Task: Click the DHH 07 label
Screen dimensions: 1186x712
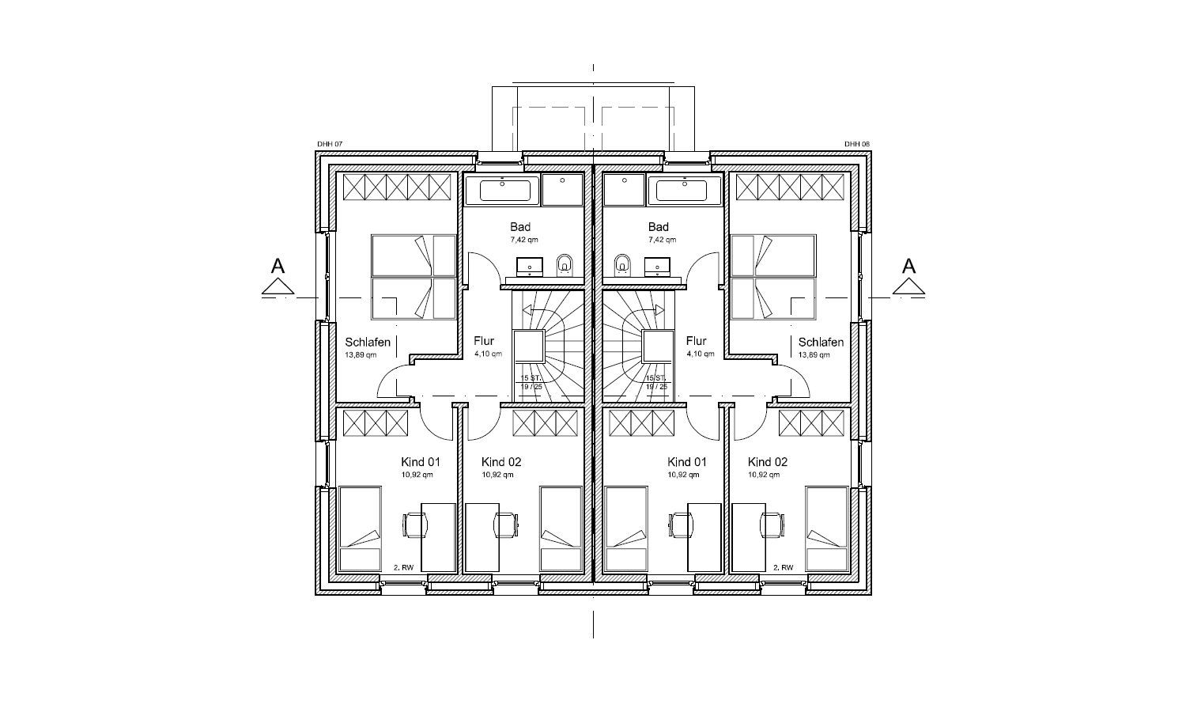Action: (x=330, y=144)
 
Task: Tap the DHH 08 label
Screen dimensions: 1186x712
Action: (x=856, y=144)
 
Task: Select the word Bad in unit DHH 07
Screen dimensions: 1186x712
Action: (x=520, y=227)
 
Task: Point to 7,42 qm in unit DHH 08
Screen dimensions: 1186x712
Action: (x=662, y=240)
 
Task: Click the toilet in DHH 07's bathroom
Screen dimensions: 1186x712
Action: (x=565, y=264)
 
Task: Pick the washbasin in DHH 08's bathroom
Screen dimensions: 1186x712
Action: (x=657, y=267)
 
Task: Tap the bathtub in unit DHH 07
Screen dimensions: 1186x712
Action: (x=502, y=191)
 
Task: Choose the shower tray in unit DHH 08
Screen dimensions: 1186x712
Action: (x=625, y=191)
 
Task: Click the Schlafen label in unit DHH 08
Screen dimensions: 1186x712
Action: (x=821, y=343)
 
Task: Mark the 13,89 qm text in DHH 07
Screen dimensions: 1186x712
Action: (x=361, y=355)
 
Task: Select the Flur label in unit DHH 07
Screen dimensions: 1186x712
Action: (x=484, y=341)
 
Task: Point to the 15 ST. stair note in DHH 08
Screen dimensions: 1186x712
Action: (x=655, y=377)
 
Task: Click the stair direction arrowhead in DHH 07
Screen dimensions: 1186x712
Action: (x=527, y=310)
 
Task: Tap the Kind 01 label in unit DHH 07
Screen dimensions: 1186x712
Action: (x=421, y=462)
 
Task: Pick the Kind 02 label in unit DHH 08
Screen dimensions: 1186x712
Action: (x=768, y=462)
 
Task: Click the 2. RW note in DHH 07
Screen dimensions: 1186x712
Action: (x=403, y=567)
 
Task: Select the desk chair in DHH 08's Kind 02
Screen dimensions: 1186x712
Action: (x=772, y=525)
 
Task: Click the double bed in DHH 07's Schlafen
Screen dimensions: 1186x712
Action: (x=414, y=277)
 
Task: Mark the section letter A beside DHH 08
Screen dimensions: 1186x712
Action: (x=908, y=266)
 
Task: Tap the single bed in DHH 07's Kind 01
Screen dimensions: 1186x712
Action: (x=360, y=529)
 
